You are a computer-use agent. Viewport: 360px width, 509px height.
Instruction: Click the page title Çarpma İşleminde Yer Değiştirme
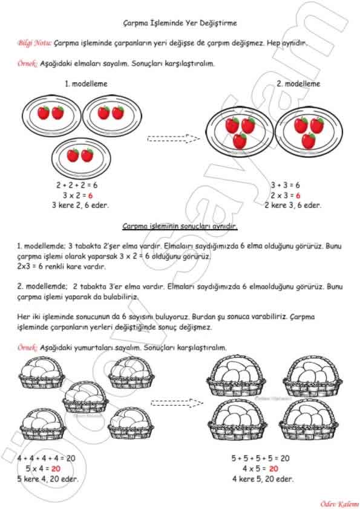click(180, 23)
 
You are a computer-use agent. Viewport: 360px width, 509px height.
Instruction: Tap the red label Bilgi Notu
click(34, 43)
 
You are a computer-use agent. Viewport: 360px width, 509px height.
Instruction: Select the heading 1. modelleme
click(86, 84)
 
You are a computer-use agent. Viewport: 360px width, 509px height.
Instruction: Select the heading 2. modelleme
click(298, 84)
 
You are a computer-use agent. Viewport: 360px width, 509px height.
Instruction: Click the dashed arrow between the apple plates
click(174, 138)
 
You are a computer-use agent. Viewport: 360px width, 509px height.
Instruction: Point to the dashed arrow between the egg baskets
click(177, 403)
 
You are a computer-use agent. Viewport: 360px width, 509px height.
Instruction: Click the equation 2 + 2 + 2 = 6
click(77, 185)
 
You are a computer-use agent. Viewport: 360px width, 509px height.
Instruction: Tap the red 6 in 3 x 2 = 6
click(90, 195)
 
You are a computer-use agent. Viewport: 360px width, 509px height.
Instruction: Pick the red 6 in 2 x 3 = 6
click(298, 195)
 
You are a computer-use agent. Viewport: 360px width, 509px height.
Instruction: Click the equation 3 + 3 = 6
click(285, 185)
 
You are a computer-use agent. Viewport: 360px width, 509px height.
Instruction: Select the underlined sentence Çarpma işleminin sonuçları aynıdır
click(180, 226)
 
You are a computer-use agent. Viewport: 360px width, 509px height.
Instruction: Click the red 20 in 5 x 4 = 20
click(56, 468)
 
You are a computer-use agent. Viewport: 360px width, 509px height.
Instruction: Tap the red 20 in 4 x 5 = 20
click(273, 468)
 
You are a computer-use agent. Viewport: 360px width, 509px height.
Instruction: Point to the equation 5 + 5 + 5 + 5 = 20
click(260, 458)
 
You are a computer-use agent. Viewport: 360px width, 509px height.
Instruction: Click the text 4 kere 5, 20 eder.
click(263, 479)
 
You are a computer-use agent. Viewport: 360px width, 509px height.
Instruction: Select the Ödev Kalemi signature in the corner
click(339, 504)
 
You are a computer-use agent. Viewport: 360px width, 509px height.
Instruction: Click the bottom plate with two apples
click(81, 158)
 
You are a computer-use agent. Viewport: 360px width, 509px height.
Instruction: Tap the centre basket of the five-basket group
click(85, 397)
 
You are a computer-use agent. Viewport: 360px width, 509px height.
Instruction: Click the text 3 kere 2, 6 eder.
click(80, 205)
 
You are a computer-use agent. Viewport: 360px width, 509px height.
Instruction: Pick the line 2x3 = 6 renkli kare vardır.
click(62, 267)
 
